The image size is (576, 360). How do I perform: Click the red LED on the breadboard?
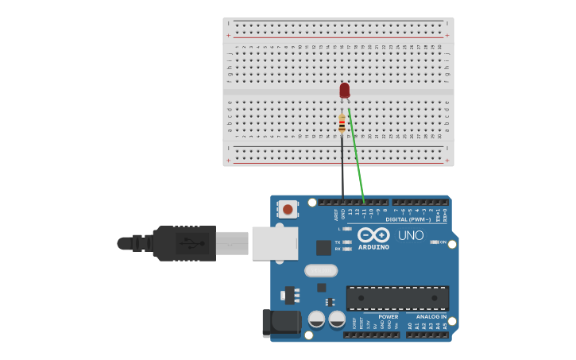pos(344,91)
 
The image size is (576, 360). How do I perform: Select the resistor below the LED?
pos(342,124)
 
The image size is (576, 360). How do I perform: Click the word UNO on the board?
pos(411,235)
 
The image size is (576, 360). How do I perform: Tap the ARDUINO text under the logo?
pos(373,247)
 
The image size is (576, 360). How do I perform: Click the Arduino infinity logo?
pos(373,234)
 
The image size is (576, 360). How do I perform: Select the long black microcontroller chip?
pos(397,298)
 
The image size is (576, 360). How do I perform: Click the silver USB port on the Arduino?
pos(275,243)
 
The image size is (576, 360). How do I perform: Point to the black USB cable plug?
pos(184,243)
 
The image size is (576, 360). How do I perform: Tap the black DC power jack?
pos(280,322)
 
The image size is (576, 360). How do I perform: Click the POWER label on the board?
pos(388,316)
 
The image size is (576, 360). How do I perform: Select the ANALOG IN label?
pos(431,316)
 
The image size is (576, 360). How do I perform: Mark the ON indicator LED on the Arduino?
pos(434,242)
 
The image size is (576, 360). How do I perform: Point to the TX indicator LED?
pos(347,242)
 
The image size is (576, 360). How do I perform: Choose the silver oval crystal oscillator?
pos(321,270)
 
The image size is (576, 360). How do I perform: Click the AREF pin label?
pos(336,214)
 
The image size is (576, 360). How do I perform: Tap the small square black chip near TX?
pos(323,248)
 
